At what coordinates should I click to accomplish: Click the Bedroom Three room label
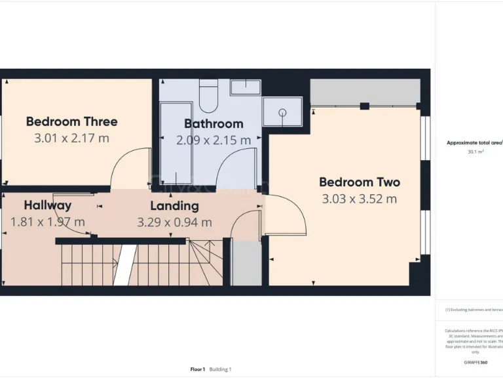pyautogui.click(x=72, y=121)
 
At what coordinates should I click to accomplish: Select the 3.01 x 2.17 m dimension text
pyautogui.click(x=72, y=138)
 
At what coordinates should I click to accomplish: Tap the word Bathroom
pyautogui.click(x=214, y=123)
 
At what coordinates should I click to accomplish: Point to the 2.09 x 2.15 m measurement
pyautogui.click(x=214, y=140)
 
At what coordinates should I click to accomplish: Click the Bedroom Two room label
pyautogui.click(x=360, y=182)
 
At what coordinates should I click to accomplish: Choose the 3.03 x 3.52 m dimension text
pyautogui.click(x=360, y=199)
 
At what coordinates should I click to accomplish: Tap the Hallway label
pyautogui.click(x=48, y=205)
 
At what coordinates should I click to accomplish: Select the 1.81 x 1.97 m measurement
pyautogui.click(x=48, y=222)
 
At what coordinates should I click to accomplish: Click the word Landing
pyautogui.click(x=174, y=205)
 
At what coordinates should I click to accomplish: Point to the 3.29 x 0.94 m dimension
pyautogui.click(x=174, y=222)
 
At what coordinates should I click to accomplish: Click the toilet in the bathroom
pyautogui.click(x=208, y=96)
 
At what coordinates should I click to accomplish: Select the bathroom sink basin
pyautogui.click(x=246, y=87)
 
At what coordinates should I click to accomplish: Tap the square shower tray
pyautogui.click(x=282, y=112)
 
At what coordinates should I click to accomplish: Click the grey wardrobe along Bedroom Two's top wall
pyautogui.click(x=364, y=93)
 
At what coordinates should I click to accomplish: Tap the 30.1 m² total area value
pyautogui.click(x=475, y=152)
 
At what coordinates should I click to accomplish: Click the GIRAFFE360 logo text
pyautogui.click(x=475, y=362)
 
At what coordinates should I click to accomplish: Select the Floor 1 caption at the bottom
pyautogui.click(x=198, y=369)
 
